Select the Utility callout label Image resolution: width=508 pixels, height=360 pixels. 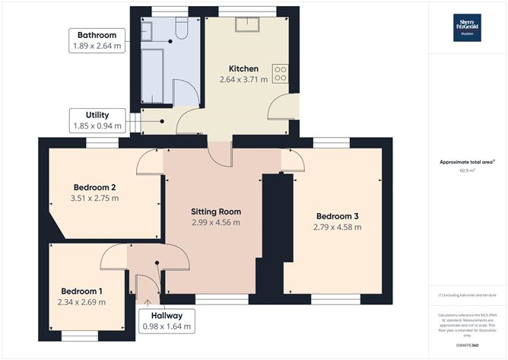pos(97,119)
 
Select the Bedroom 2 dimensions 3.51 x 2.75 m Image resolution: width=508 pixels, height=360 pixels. pos(96,198)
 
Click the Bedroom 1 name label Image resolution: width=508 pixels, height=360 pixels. pos(81,291)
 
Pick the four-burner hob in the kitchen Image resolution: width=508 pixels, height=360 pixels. pos(281,73)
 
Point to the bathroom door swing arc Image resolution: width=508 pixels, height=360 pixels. pos(187,95)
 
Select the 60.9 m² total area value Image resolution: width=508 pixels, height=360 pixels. pos(467,170)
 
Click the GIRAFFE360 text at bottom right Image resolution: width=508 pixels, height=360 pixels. pos(467,346)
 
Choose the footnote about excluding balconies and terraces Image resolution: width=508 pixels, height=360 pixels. pos(467,295)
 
